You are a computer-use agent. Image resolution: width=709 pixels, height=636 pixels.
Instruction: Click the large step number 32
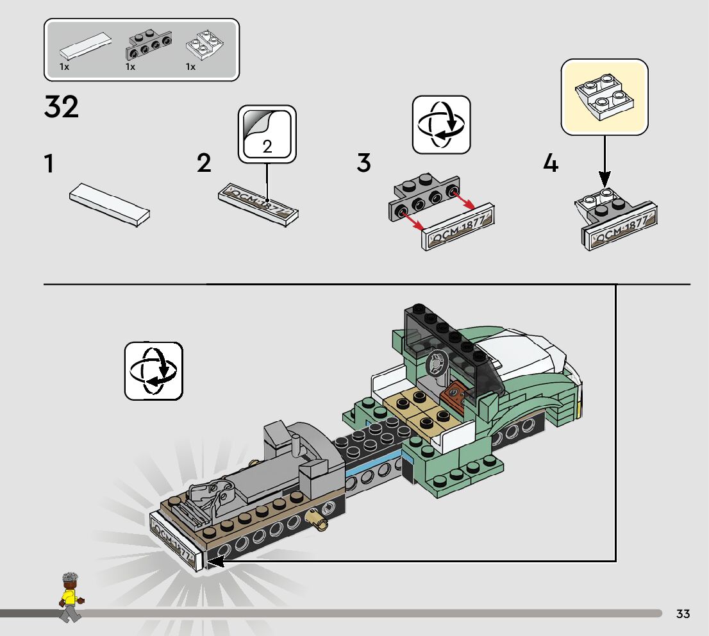(62, 107)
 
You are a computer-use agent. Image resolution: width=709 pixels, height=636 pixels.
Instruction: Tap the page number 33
(683, 614)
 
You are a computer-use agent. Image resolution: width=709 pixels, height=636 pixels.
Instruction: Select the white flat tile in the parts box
(85, 49)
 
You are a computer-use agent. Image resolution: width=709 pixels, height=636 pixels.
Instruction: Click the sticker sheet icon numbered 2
(267, 133)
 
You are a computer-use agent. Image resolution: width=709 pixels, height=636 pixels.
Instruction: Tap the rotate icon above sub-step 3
(441, 124)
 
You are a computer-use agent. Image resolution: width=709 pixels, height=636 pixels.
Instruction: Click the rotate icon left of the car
(154, 371)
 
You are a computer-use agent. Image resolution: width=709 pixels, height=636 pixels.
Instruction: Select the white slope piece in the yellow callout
(605, 97)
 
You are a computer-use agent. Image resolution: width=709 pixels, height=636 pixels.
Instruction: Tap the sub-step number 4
(551, 164)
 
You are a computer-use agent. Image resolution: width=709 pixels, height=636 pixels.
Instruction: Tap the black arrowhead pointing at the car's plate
(215, 562)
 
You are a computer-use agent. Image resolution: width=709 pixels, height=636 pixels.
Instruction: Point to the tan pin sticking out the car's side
(316, 517)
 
